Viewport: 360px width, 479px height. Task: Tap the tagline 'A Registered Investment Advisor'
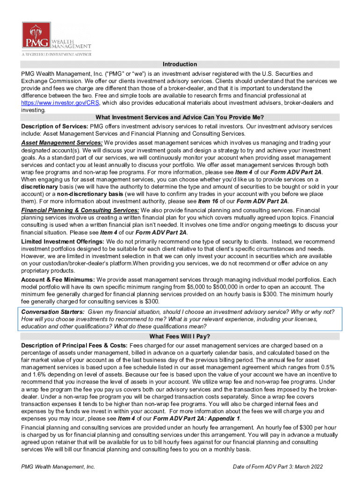[56, 54]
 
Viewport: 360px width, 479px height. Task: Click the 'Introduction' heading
[180, 64]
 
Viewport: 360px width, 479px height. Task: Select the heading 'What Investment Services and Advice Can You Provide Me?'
[180, 117]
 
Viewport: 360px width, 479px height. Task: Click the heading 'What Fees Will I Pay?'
[180, 336]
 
